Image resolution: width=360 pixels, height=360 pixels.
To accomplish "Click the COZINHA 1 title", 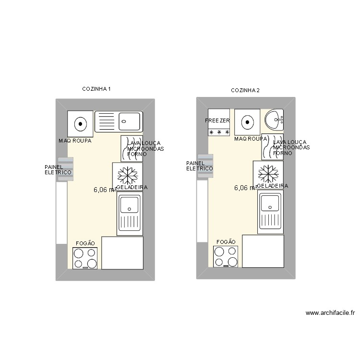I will [x=96, y=89].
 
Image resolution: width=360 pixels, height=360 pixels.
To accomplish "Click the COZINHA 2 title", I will [x=245, y=90].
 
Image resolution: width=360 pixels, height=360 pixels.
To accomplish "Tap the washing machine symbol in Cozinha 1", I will [x=80, y=123].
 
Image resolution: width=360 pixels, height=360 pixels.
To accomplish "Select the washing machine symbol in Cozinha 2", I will [x=247, y=122].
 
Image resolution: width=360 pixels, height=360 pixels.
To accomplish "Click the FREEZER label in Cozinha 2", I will [x=217, y=120].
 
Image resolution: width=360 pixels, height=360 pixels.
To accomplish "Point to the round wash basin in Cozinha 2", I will [x=274, y=120].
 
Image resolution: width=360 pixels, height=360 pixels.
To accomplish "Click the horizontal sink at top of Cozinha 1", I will [x=118, y=121].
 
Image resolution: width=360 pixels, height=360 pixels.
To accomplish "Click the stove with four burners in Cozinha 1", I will [x=85, y=258].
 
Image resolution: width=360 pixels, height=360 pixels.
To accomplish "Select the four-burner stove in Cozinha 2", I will [x=226, y=256].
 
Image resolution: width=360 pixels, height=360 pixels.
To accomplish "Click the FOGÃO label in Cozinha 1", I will [x=85, y=243].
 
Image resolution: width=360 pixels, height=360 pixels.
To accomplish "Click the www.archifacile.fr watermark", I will [x=330, y=313].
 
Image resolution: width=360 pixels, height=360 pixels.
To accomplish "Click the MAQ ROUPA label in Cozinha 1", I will [x=75, y=141].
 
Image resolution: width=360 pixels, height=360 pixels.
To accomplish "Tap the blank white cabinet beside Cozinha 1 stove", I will [x=122, y=252].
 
